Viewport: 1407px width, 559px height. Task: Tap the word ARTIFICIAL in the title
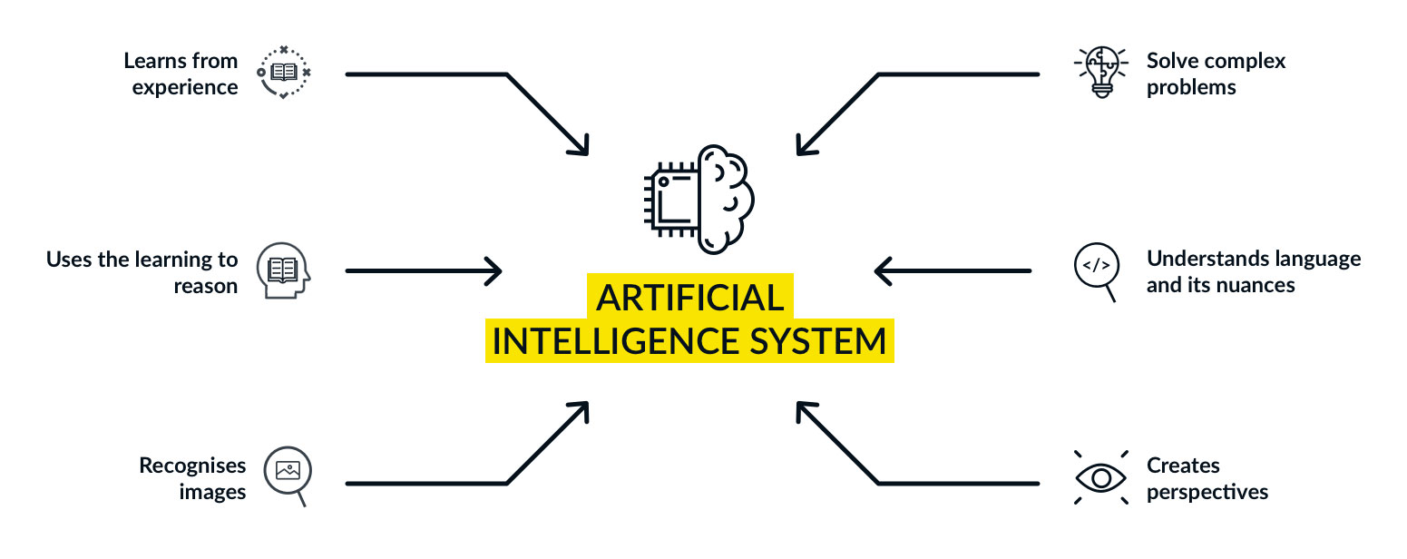(689, 298)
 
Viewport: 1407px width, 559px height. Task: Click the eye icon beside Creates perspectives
(1099, 477)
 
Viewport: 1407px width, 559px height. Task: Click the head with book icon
(283, 270)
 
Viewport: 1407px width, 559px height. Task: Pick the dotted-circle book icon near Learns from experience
(283, 73)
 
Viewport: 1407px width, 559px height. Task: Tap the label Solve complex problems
(1216, 74)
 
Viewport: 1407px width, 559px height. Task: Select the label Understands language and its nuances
(1253, 271)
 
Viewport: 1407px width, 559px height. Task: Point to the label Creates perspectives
(1207, 478)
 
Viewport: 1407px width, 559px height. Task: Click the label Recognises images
(192, 478)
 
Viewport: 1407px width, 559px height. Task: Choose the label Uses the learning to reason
(142, 272)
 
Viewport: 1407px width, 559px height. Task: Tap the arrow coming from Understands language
(953, 270)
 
